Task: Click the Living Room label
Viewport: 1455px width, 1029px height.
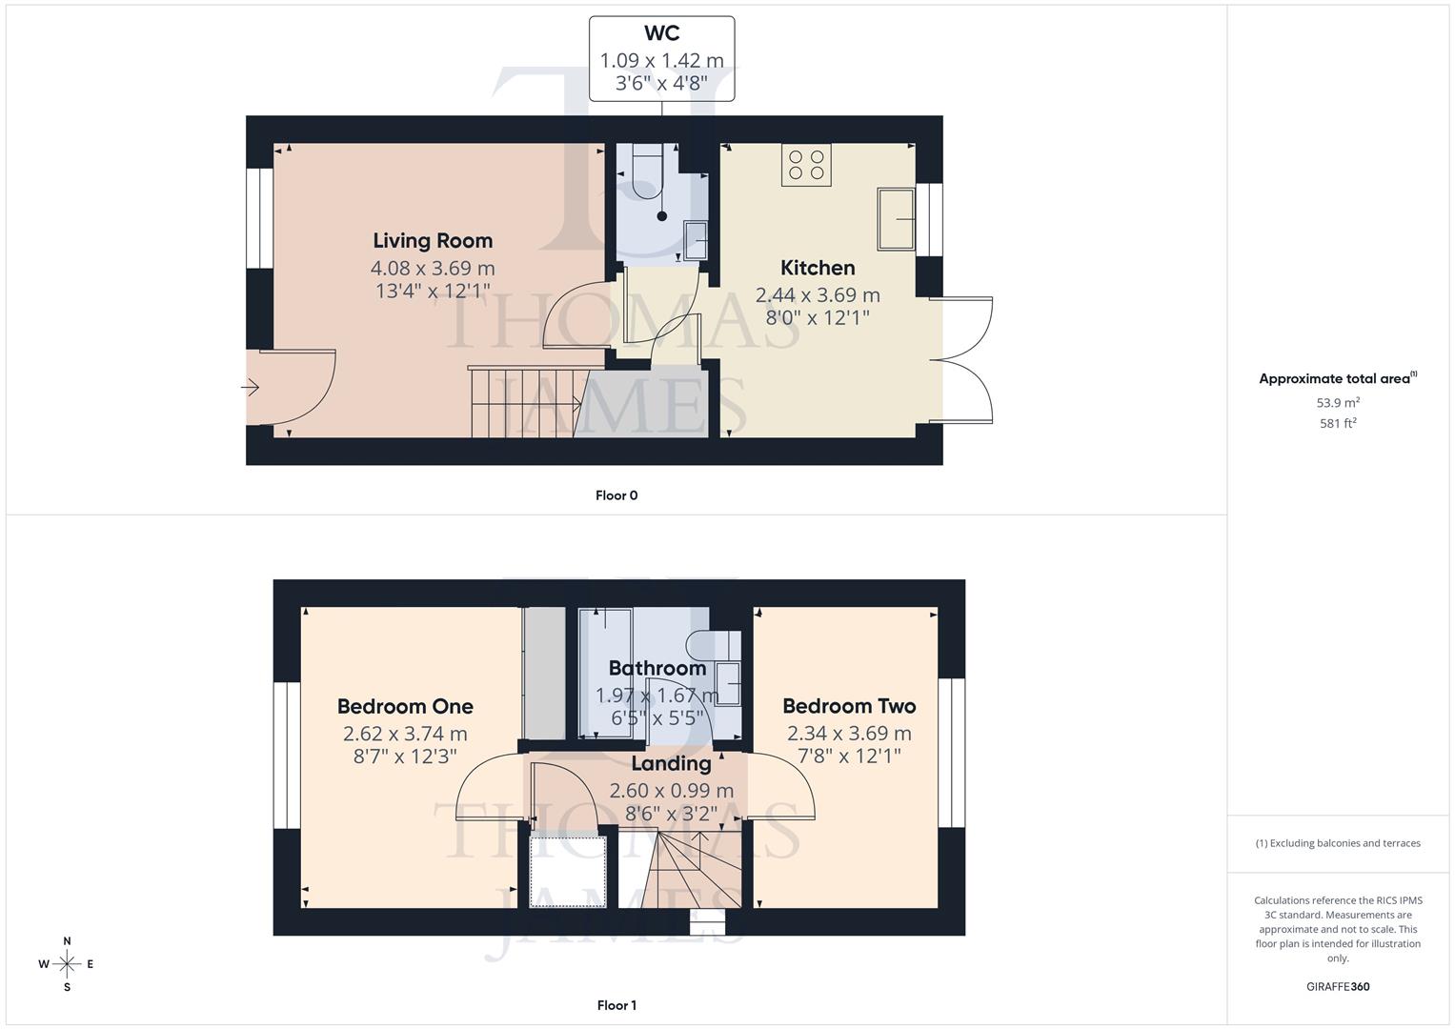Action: pos(433,241)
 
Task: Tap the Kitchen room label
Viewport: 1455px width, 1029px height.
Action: pos(818,268)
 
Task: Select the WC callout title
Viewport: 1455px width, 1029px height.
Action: pos(661,33)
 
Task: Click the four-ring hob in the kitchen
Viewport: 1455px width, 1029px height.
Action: pos(806,165)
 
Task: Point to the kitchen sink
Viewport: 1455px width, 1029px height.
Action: pos(896,218)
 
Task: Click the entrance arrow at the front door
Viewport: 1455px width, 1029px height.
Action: pos(251,388)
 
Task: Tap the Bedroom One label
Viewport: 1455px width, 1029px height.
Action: pos(405,706)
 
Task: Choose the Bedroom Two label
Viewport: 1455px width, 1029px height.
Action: pos(849,706)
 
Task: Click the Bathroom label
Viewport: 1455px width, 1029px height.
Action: pos(657,668)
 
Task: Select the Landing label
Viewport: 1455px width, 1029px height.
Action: pos(671,763)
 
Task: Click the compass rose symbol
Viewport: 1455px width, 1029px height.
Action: pos(67,964)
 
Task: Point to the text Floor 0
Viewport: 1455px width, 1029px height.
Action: pos(616,495)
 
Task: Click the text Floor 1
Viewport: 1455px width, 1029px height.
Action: pos(616,1005)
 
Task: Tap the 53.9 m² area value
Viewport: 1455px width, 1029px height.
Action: pos(1338,403)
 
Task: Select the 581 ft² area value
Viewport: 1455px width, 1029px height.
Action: pos(1338,423)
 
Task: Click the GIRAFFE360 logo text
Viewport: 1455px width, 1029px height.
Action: pos(1338,986)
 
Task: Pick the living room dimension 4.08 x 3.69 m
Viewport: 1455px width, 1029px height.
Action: pos(433,269)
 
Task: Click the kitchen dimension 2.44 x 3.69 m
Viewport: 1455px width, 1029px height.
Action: pos(818,295)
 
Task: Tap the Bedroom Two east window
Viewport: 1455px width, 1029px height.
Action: pos(951,753)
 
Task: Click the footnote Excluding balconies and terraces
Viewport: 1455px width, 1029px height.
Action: pos(1338,843)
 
